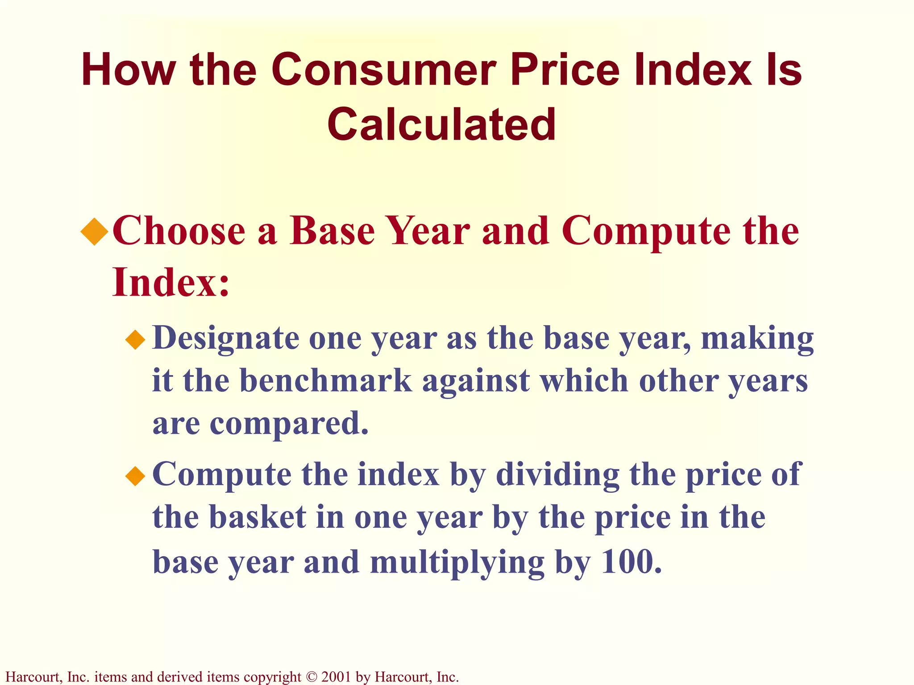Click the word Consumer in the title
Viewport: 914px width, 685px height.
(383, 70)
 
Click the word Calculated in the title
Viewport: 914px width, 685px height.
(442, 124)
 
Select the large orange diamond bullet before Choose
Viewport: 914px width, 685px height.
(95, 231)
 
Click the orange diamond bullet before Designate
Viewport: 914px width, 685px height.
(136, 340)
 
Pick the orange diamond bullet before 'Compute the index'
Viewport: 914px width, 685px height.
(136, 476)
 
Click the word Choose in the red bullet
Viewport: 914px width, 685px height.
(179, 231)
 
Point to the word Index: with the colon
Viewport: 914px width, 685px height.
(171, 282)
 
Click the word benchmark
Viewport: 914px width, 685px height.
(326, 381)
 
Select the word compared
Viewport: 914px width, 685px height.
(289, 424)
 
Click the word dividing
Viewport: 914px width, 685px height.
(558, 475)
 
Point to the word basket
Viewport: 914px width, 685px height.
(258, 517)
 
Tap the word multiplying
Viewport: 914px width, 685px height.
(457, 562)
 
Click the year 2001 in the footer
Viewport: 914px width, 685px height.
(337, 677)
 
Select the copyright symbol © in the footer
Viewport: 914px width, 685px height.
(311, 677)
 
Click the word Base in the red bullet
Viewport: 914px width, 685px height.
(332, 231)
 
